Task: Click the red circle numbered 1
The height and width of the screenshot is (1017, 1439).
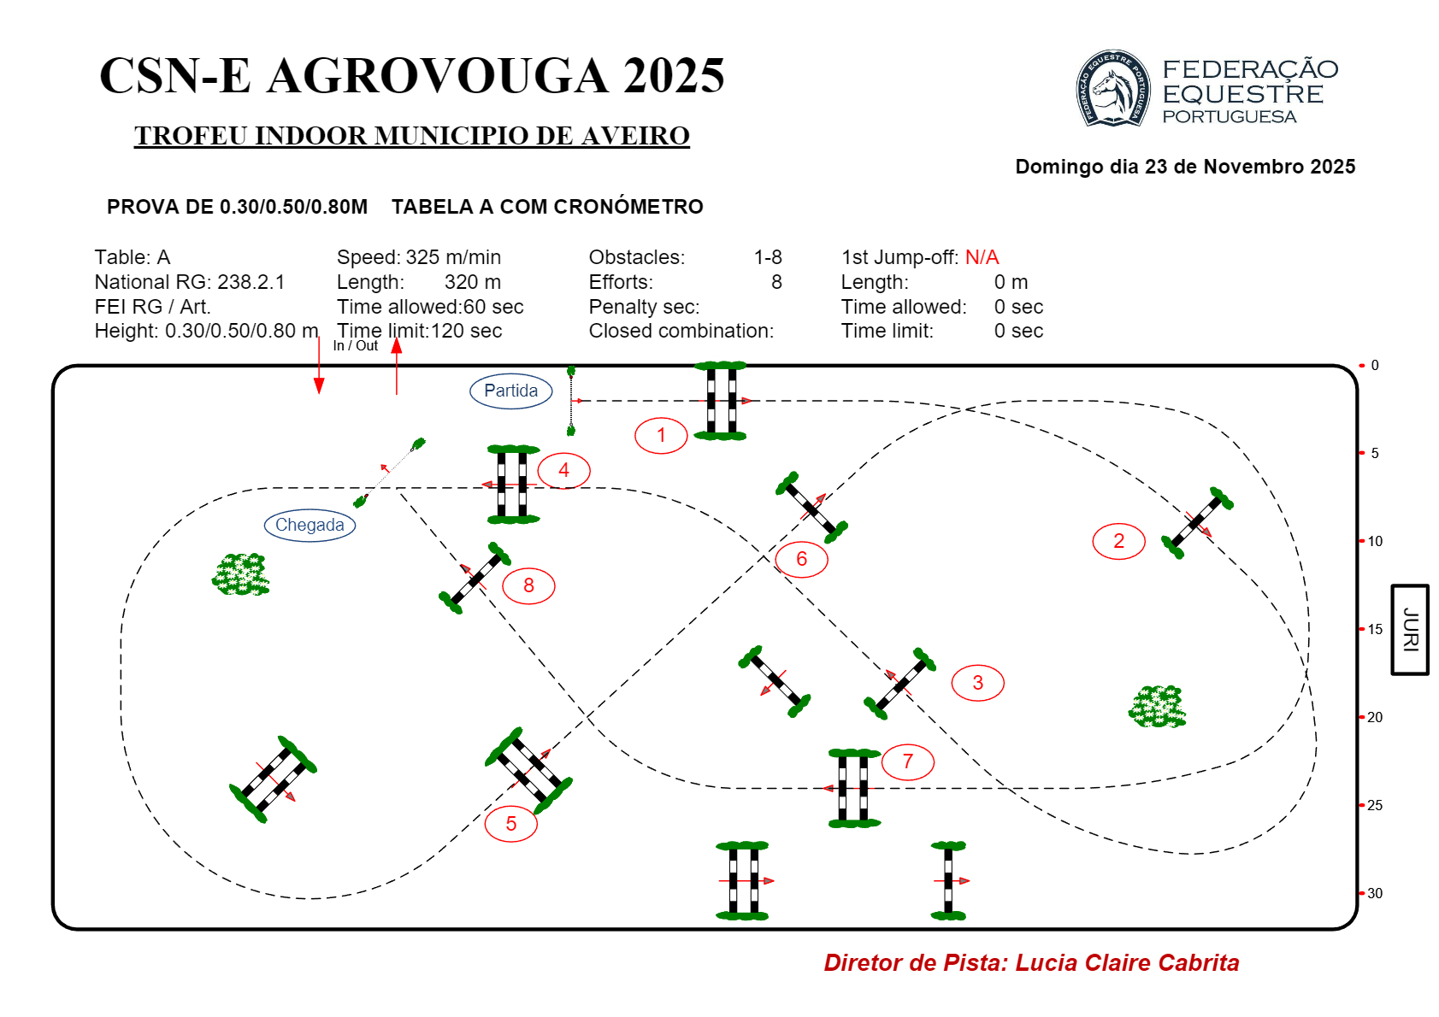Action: [x=661, y=435]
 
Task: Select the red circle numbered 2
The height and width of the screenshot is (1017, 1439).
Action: [x=1118, y=541]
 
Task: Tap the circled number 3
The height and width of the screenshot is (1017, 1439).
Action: [x=977, y=683]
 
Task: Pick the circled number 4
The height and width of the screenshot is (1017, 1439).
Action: [x=563, y=471]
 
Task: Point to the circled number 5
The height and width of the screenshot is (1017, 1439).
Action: [x=510, y=824]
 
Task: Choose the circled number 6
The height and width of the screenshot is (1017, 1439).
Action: [x=801, y=559]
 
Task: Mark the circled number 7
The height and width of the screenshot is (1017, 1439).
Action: [x=908, y=761]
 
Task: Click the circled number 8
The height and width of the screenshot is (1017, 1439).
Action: [x=528, y=585]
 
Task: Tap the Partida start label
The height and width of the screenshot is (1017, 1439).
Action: [x=510, y=391]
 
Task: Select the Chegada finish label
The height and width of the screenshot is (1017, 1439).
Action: [x=310, y=526]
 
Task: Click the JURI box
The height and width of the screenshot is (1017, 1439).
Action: [x=1409, y=629]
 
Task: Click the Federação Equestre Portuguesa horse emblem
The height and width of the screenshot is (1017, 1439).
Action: [x=1112, y=89]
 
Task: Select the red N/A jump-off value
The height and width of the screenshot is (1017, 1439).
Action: [x=982, y=257]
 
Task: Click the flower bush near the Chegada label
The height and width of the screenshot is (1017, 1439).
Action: [x=240, y=574]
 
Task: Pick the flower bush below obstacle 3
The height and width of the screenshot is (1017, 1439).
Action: [x=1157, y=706]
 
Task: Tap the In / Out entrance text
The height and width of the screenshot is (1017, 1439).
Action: [x=355, y=345]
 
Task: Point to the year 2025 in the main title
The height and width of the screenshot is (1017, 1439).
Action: [x=674, y=76]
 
